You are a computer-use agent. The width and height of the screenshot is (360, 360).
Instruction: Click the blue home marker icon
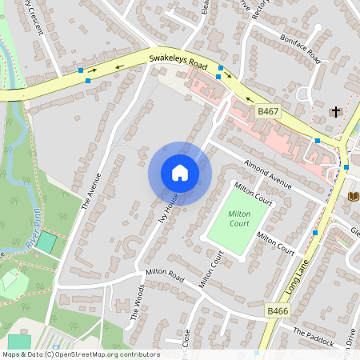(179, 173)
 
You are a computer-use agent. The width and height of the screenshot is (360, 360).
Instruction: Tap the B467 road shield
(267, 114)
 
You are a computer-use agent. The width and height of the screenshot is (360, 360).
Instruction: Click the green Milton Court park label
(239, 219)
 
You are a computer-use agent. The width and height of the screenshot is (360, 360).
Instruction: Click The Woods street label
(137, 302)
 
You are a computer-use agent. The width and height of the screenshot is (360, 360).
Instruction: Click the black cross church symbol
(336, 113)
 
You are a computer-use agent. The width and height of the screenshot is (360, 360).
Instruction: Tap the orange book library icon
(354, 196)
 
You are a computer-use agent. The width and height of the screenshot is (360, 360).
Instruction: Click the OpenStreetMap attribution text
(80, 354)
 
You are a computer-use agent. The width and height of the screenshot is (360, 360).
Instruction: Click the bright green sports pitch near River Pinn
(46, 242)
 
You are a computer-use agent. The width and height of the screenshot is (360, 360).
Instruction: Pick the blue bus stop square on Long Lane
(316, 233)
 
